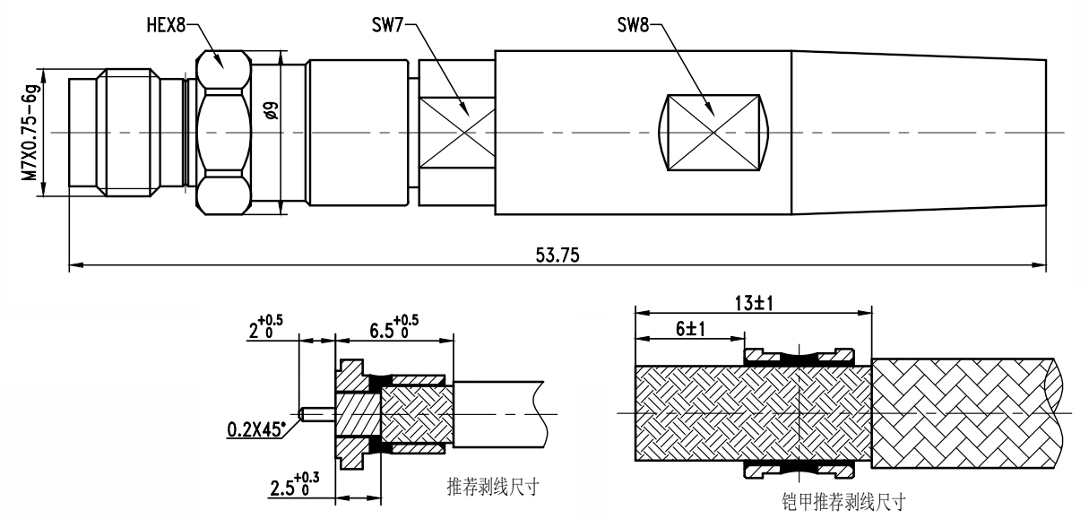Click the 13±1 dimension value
pos(752,303)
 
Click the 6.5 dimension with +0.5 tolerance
pos(393,329)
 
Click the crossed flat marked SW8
pos(713,133)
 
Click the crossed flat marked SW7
pos(456,133)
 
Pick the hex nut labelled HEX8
pos(222,133)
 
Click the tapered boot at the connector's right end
pos(919,133)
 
